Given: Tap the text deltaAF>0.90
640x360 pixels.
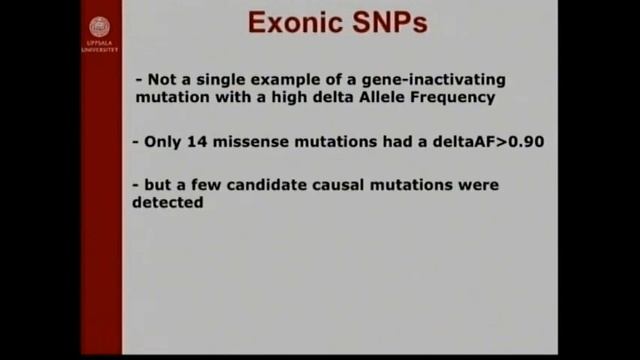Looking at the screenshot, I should tap(488, 142).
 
